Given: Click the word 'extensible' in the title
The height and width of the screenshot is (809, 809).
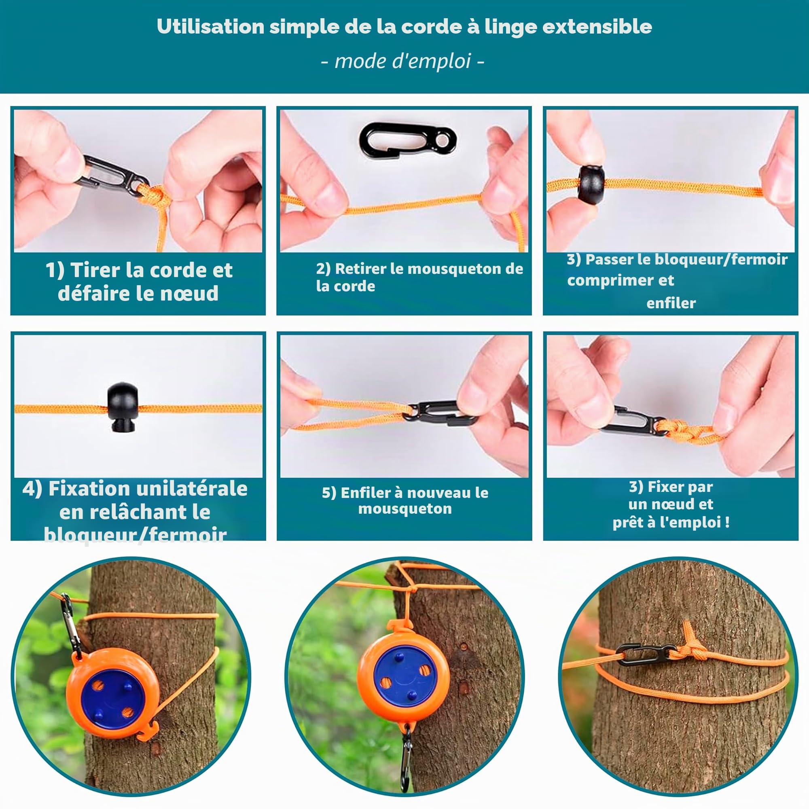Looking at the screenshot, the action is [x=597, y=26].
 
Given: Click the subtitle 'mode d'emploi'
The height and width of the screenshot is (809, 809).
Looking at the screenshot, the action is [x=403, y=61].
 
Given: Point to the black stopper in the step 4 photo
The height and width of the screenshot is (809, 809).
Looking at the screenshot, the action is [x=122, y=407].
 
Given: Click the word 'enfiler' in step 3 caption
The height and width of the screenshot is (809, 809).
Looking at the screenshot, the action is [x=671, y=303].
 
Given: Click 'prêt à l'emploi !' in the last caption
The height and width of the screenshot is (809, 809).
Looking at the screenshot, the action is [x=671, y=522].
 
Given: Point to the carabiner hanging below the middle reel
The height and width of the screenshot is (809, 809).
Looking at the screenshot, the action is [x=406, y=758].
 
